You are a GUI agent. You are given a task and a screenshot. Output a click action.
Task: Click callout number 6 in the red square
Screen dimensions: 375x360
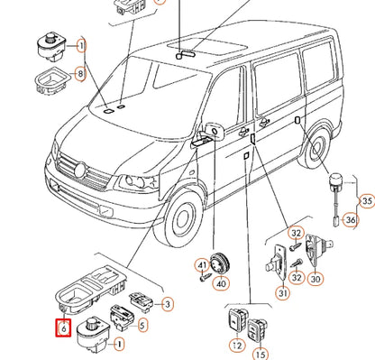coord(63,328)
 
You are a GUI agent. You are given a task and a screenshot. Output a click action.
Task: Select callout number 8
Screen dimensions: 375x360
coord(80,73)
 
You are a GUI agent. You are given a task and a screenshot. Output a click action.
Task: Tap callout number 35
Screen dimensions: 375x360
coord(367,200)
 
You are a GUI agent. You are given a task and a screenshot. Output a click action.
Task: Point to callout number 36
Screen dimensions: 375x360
coord(351,220)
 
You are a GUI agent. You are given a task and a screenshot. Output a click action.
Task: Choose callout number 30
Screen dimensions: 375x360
coord(316,279)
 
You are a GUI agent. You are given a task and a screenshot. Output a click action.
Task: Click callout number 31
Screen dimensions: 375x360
coord(283,292)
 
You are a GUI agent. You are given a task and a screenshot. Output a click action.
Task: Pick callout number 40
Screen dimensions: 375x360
coord(222,283)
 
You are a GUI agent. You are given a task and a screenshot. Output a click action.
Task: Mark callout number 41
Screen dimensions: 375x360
coord(202,265)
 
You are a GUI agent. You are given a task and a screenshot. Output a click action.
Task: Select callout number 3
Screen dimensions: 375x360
coord(168,304)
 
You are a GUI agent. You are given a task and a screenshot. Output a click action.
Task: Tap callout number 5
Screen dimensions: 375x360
coord(142,325)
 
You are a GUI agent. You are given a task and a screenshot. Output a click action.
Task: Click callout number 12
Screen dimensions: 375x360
coord(237,346)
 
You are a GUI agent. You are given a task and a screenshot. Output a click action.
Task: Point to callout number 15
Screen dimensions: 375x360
coord(261,354)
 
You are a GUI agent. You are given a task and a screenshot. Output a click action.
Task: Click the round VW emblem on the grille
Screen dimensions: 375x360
coord(80,171)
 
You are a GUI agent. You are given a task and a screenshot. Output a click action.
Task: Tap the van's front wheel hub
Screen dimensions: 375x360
coord(182,219)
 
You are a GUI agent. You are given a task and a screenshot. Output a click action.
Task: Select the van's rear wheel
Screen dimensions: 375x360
coord(316,148)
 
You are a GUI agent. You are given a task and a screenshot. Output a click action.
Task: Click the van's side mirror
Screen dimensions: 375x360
coord(215,131)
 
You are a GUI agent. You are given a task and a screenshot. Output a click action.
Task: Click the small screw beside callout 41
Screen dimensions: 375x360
coord(206,276)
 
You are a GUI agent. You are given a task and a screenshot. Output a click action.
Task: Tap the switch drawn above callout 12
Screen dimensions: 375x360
coord(238,320)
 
